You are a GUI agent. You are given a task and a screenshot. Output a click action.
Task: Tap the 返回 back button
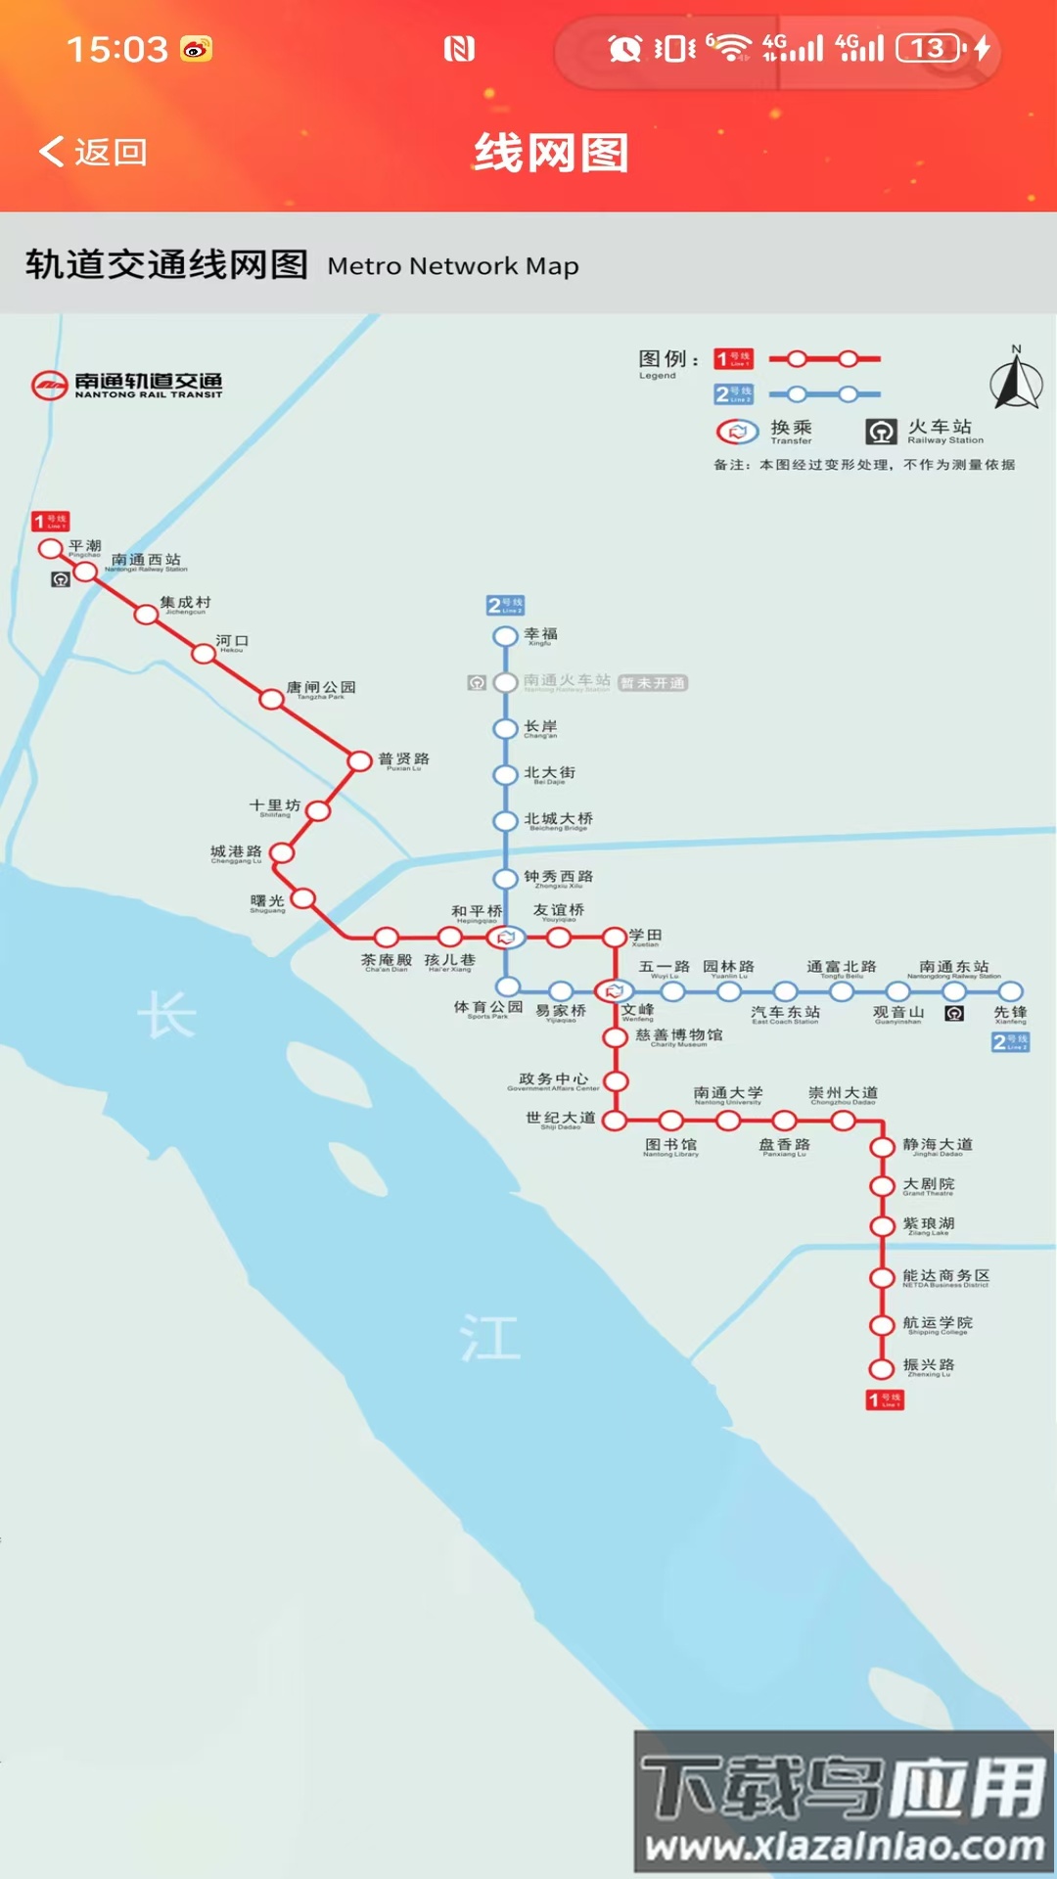point(93,152)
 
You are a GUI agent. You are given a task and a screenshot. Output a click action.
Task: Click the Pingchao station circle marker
point(51,548)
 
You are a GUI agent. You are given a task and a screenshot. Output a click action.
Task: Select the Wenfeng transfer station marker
point(614,991)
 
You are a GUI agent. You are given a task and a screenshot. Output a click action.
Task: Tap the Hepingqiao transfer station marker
point(505,938)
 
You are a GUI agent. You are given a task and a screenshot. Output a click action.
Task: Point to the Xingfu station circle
point(505,636)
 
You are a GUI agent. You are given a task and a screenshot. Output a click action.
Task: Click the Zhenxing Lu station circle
point(882,1368)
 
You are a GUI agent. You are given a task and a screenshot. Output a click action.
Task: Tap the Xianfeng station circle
point(1011,991)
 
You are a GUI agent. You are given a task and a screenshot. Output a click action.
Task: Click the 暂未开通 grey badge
point(653,683)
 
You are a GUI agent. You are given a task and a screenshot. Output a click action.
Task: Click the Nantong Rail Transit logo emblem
point(49,386)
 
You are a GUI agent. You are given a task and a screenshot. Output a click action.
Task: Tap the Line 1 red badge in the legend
point(733,359)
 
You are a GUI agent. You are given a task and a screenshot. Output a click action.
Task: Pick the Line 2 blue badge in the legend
point(733,394)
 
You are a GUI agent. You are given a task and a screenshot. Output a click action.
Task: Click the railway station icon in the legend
point(881,432)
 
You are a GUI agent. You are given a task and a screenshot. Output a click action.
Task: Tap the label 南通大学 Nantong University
point(728,1094)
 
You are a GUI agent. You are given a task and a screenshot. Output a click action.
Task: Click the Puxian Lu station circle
point(360,760)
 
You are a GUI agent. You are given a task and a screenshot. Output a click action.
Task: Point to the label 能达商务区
point(945,1276)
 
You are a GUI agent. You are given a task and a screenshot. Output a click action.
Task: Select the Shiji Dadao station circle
point(615,1121)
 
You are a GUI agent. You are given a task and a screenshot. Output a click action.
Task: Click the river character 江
point(489,1337)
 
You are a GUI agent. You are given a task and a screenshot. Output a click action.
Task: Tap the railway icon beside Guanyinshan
point(954,1014)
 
